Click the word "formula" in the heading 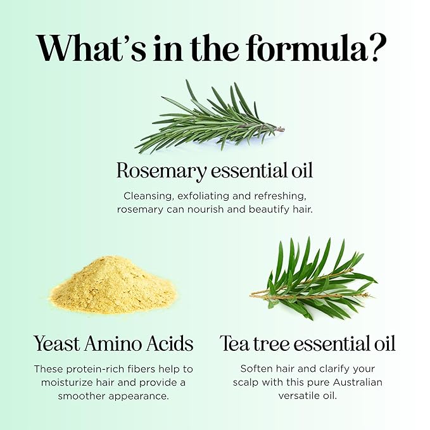(307, 48)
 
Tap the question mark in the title (378, 48)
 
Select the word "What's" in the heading (91, 49)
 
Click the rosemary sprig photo (210, 117)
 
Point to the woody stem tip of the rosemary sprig (282, 129)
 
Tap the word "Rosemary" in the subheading (161, 172)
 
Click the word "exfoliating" (203, 196)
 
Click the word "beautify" (269, 210)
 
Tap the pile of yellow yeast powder (113, 285)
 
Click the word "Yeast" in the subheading (57, 344)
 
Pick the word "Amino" (113, 344)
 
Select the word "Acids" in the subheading (170, 344)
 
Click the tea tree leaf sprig (313, 279)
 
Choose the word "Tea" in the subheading (235, 343)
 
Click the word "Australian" (358, 383)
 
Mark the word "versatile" (297, 396)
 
